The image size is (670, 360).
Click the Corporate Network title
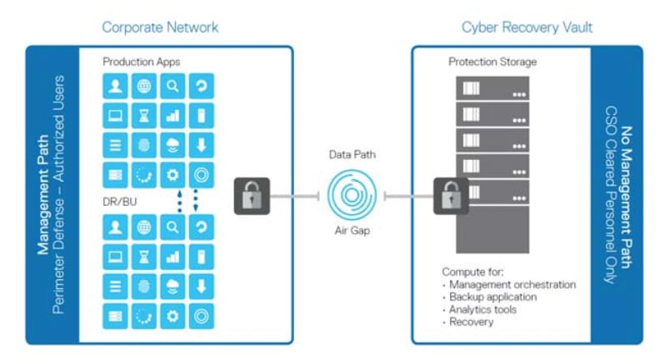click(x=160, y=27)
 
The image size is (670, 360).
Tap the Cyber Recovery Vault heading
click(x=527, y=27)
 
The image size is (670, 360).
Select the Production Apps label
click(x=142, y=62)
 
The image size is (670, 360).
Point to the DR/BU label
click(x=120, y=202)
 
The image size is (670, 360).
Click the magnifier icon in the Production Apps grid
click(x=172, y=87)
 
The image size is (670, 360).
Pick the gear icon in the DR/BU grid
click(x=172, y=316)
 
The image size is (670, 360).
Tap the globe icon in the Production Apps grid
click(x=144, y=87)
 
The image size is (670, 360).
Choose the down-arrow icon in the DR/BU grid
click(x=202, y=287)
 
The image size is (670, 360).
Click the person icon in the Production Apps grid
click(x=115, y=87)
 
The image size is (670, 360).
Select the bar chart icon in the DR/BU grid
click(x=172, y=257)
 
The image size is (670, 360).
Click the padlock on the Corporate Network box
click(x=252, y=196)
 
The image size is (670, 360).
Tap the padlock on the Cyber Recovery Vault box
click(x=451, y=196)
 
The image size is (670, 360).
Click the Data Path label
click(x=352, y=155)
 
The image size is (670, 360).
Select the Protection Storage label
click(x=492, y=62)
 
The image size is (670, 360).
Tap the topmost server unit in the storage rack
click(x=492, y=88)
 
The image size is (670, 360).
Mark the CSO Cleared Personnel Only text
click(x=611, y=195)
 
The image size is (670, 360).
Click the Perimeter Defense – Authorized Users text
click(x=58, y=195)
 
